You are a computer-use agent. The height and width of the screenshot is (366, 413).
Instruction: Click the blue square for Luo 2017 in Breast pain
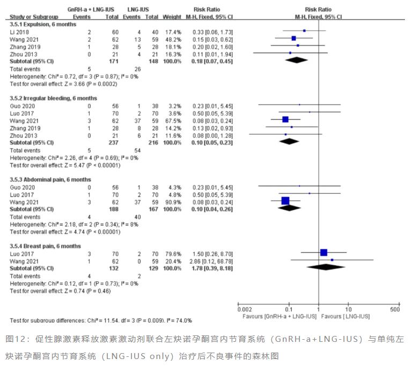323,252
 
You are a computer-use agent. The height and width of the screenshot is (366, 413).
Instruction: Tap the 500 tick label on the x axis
395,311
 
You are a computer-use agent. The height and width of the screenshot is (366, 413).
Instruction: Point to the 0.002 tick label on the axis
244,311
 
